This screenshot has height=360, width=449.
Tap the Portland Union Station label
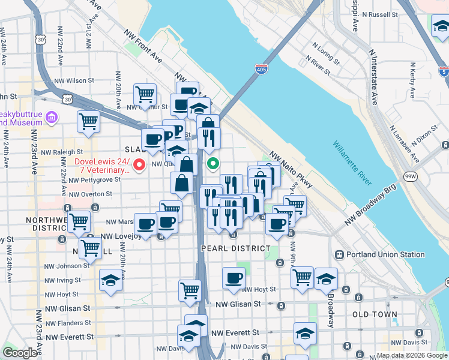click(x=383, y=254)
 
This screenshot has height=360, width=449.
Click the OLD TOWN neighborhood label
click(x=375, y=314)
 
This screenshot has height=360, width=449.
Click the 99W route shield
click(x=411, y=176)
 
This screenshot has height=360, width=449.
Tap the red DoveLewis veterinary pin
click(x=140, y=164)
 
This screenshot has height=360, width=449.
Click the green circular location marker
click(x=212, y=163)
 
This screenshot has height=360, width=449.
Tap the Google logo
click(x=19, y=353)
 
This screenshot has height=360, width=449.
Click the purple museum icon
click(x=52, y=116)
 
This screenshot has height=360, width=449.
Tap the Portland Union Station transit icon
click(x=339, y=254)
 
